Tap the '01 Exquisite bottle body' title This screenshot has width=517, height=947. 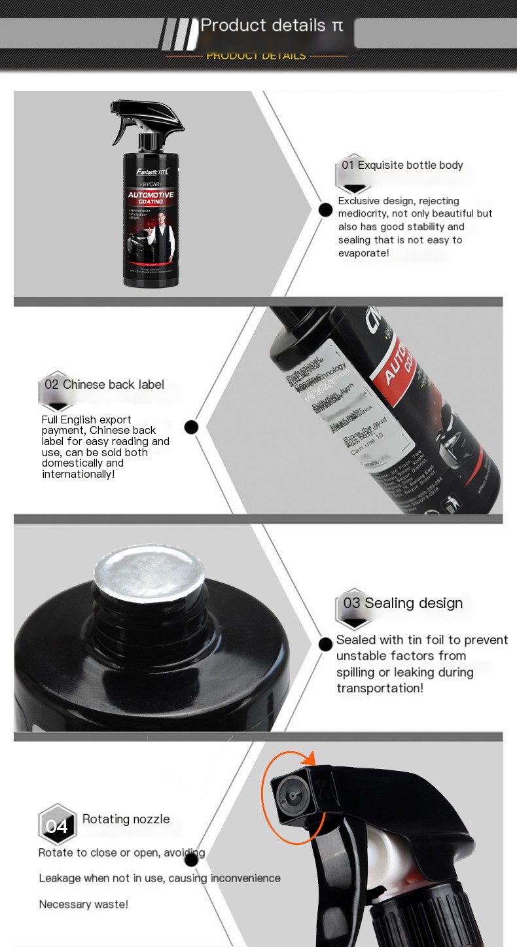(x=402, y=165)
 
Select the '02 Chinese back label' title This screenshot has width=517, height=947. (x=104, y=384)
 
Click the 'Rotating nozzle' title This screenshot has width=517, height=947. (x=126, y=819)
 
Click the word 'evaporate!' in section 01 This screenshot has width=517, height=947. (x=363, y=253)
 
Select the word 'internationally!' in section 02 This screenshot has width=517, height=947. (x=78, y=473)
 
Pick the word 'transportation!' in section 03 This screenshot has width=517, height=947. (x=380, y=688)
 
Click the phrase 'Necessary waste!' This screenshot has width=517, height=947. (x=83, y=904)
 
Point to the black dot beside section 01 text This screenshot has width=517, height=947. (x=325, y=209)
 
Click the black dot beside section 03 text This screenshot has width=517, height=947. (x=325, y=644)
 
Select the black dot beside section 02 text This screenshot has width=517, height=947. (x=191, y=427)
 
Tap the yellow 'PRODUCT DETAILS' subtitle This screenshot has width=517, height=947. (x=256, y=56)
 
